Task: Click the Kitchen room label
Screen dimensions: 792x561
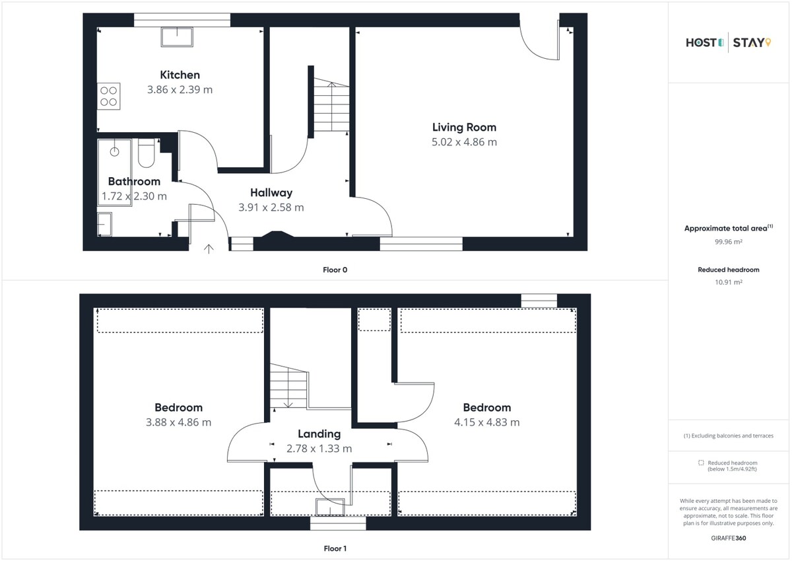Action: [180, 75]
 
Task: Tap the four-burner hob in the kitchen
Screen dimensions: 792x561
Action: [108, 96]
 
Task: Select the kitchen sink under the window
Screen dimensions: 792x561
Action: [177, 37]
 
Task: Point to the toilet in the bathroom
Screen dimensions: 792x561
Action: [146, 153]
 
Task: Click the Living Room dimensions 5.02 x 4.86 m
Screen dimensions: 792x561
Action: [464, 142]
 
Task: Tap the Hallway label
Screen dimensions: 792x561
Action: [271, 192]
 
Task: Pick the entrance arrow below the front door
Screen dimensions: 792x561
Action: [209, 249]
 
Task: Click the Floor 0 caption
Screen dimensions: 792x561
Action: [335, 270]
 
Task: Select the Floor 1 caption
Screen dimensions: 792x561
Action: [335, 548]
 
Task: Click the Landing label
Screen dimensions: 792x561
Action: [319, 434]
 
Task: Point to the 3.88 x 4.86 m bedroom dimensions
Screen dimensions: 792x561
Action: [179, 422]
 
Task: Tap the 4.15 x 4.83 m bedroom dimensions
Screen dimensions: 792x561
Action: [487, 422]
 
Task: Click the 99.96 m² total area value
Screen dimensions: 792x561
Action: [729, 242]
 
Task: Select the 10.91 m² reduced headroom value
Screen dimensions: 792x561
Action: [729, 282]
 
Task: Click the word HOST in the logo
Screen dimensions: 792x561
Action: [701, 43]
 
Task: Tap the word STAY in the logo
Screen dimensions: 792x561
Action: [748, 43]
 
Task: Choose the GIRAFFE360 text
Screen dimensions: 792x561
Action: [729, 538]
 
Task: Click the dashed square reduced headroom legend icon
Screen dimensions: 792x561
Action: [701, 463]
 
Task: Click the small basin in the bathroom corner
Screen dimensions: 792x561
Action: [104, 224]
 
